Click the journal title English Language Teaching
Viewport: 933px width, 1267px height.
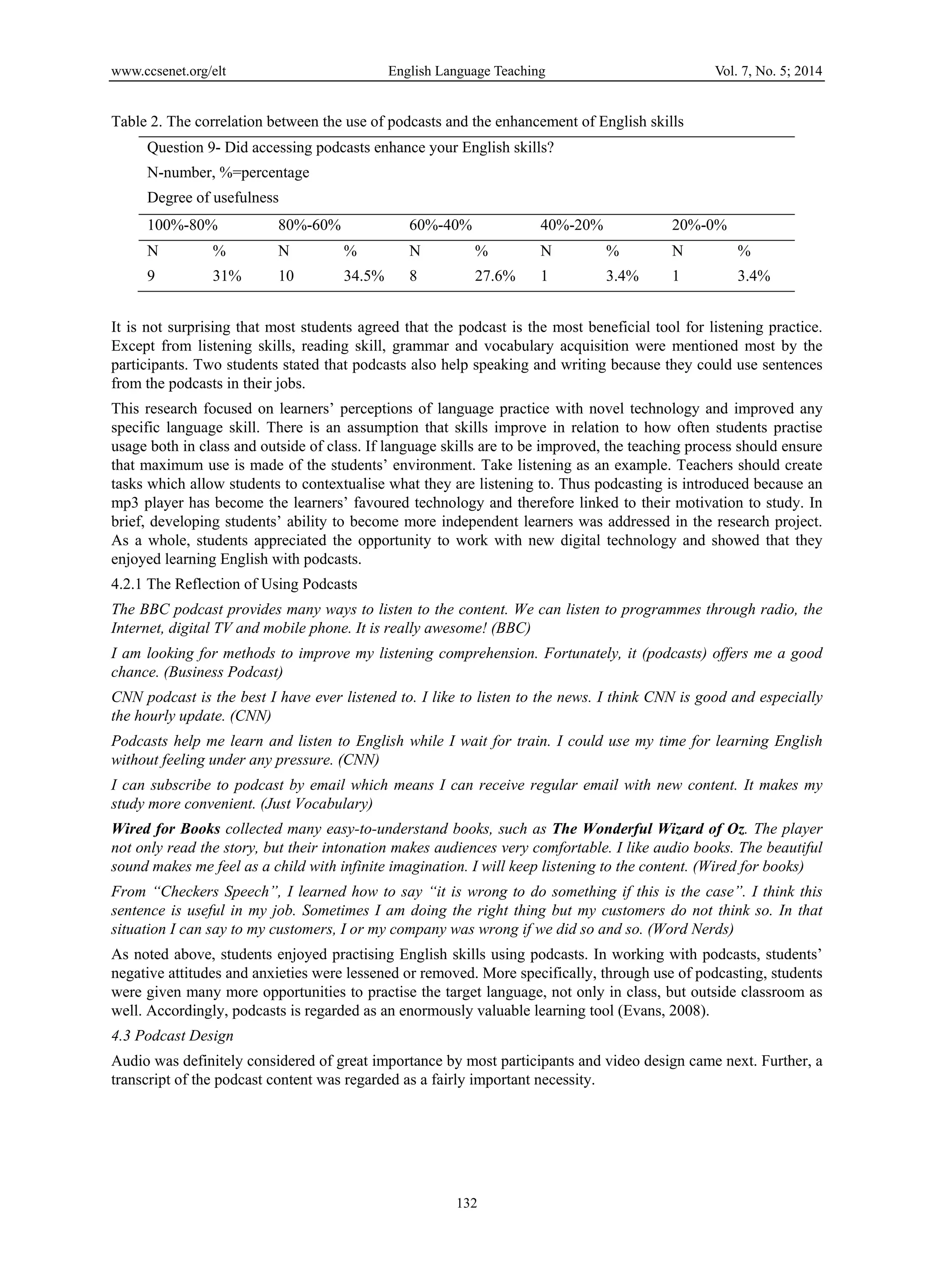click(x=466, y=71)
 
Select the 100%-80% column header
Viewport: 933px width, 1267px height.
click(x=182, y=226)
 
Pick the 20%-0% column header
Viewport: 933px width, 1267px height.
click(x=699, y=226)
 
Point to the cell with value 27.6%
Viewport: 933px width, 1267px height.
click(x=495, y=276)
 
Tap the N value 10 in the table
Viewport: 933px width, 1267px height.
click(x=287, y=276)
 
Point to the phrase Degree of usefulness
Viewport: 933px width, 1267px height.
click(x=213, y=198)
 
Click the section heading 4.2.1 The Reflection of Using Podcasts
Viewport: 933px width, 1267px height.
click(x=234, y=584)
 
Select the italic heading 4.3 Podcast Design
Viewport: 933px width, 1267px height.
click(x=172, y=1036)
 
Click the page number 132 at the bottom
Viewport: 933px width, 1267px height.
click(x=466, y=1203)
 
